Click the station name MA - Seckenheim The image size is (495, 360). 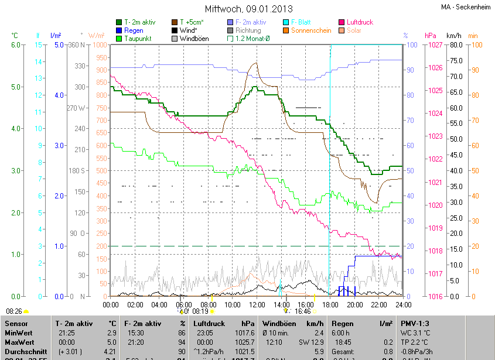pyautogui.click(x=467, y=7)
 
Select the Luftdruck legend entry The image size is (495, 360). pyautogui.click(x=360, y=22)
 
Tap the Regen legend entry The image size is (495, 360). pyautogui.click(x=134, y=30)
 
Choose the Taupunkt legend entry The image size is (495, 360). pyautogui.click(x=138, y=39)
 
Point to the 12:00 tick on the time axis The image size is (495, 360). pyautogui.click(x=257, y=304)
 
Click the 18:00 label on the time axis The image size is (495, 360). pyautogui.click(x=330, y=304)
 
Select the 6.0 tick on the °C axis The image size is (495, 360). pyautogui.click(x=16, y=45)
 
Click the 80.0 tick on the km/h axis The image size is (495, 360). pyautogui.click(x=455, y=45)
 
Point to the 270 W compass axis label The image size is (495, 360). pyautogui.click(x=76, y=108)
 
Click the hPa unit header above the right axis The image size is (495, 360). pyautogui.click(x=431, y=36)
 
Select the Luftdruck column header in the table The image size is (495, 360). pyautogui.click(x=209, y=323)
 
